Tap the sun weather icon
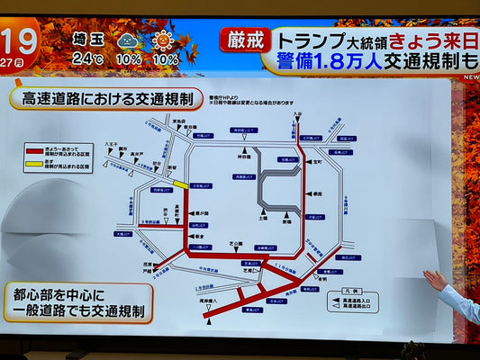[164, 40]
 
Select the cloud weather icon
[128, 40]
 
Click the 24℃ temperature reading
[88, 58]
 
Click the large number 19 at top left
[19, 40]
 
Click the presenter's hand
[436, 281]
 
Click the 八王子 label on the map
[111, 143]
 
